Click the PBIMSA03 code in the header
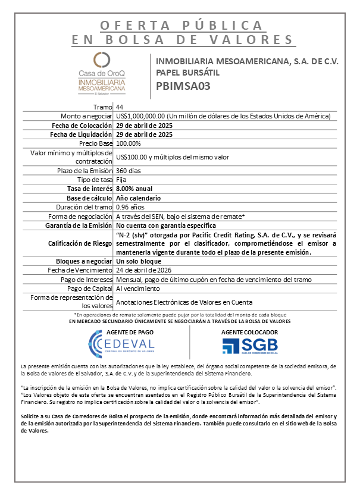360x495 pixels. [183, 85]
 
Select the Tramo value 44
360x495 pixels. [120, 106]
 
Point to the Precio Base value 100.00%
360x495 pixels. [129, 143]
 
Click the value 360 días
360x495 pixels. [130, 171]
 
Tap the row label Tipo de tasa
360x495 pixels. [95, 180]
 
